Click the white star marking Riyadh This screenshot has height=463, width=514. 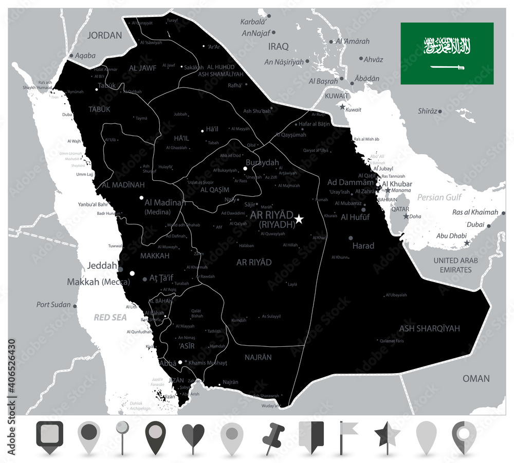(299, 219)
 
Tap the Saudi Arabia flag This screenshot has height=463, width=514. (447, 53)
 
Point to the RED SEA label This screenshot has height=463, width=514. (110, 318)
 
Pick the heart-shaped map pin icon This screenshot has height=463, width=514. (193, 436)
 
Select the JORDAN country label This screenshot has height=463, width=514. (105, 35)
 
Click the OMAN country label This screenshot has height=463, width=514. (476, 378)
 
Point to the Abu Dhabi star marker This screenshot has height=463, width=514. (467, 243)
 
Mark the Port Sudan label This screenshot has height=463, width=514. (53, 305)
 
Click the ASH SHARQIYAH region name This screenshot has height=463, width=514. (429, 328)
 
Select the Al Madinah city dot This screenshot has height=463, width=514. (141, 197)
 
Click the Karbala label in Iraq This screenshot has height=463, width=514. (255, 22)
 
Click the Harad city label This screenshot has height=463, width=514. (363, 246)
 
